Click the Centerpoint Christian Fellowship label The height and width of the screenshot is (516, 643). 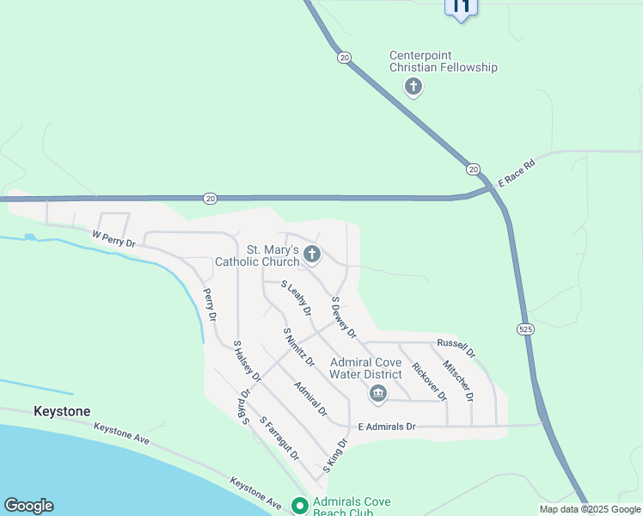click(x=443, y=61)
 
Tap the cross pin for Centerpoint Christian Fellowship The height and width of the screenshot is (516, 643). click(x=413, y=86)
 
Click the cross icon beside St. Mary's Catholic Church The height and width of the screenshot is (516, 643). click(x=312, y=255)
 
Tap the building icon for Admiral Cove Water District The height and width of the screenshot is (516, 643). click(x=377, y=394)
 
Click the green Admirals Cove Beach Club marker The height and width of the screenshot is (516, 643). click(x=299, y=506)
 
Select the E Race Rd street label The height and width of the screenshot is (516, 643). click(x=517, y=173)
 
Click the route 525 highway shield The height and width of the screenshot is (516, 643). click(x=524, y=329)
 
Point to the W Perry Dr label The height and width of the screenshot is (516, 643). click(x=113, y=238)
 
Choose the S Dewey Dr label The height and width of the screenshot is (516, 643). click(x=343, y=317)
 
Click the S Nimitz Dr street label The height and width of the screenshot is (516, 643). click(x=298, y=347)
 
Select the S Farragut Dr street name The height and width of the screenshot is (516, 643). click(x=279, y=437)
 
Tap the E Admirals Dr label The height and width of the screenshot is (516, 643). click(x=386, y=427)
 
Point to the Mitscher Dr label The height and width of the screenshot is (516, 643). click(x=457, y=380)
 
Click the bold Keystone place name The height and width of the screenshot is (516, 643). click(x=61, y=412)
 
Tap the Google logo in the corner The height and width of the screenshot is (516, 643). click(x=28, y=506)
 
